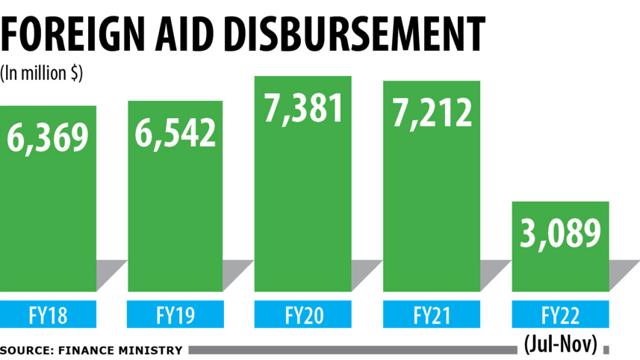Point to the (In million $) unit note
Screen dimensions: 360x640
pyautogui.click(x=42, y=72)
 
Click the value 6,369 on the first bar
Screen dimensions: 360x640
pyautogui.click(x=49, y=137)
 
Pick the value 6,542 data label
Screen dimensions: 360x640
pyautogui.click(x=175, y=132)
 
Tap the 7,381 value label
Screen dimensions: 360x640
pyautogui.click(x=302, y=107)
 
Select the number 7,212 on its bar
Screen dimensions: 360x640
pyautogui.click(x=432, y=112)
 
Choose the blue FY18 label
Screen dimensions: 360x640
pyautogui.click(x=48, y=314)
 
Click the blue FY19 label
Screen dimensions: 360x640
pyautogui.click(x=175, y=314)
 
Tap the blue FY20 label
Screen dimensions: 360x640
pyautogui.click(x=302, y=314)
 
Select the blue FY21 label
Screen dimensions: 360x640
pyautogui.click(x=431, y=314)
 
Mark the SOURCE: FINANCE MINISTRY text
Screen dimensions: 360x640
pyautogui.click(x=91, y=350)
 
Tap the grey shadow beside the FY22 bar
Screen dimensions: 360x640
pyautogui.click(x=624, y=275)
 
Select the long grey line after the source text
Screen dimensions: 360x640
pyautogui.click(x=351, y=350)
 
